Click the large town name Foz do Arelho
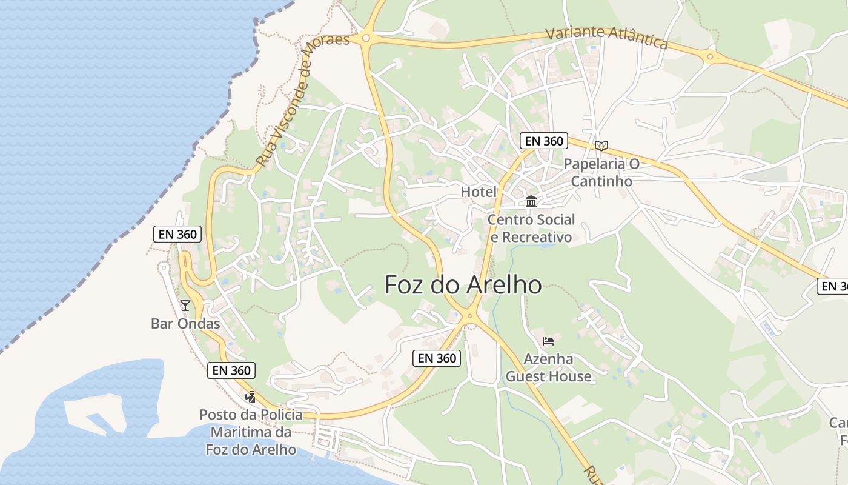point(463,284)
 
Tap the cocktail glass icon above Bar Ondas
point(185,305)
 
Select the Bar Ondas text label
point(185,324)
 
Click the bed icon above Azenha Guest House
point(548,341)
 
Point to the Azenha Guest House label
point(548,368)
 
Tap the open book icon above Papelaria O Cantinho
point(601,145)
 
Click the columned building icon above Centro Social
point(531,201)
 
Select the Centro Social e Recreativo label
point(531,228)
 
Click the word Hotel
point(479,192)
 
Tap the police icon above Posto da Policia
point(250,397)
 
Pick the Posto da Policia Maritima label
point(251,432)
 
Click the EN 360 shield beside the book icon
point(543,141)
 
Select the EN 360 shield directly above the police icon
point(231,370)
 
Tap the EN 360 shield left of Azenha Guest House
point(437,358)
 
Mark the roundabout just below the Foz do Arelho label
point(469,316)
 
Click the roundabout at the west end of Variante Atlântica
point(365,38)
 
